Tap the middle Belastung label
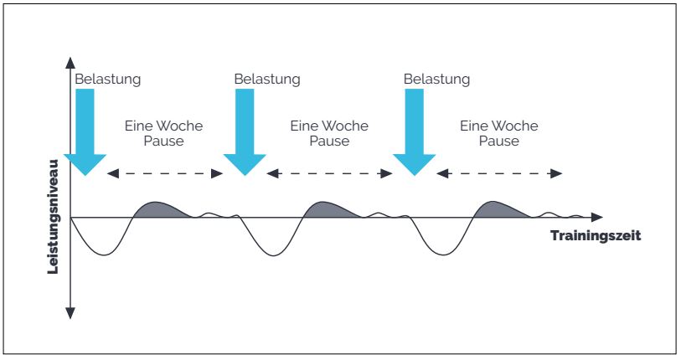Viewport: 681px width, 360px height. [x=266, y=80]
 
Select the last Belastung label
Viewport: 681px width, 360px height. [x=436, y=80]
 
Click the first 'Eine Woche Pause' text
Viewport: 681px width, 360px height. [x=163, y=133]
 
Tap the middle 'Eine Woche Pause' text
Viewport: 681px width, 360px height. [x=328, y=133]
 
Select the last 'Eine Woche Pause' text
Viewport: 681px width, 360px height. [x=498, y=133]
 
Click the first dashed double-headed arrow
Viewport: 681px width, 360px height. [x=164, y=173]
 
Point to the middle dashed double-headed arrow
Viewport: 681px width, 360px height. [x=329, y=173]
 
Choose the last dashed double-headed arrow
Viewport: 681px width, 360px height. [x=499, y=173]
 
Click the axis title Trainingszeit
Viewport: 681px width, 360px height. [x=595, y=236]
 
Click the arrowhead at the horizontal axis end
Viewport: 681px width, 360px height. [x=596, y=218]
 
